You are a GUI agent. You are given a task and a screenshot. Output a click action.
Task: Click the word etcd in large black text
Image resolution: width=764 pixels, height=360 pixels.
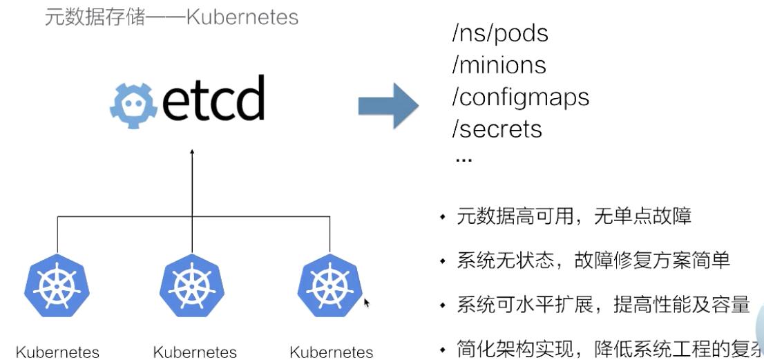(213, 100)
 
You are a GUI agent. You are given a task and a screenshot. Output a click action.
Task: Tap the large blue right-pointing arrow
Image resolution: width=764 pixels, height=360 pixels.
(388, 105)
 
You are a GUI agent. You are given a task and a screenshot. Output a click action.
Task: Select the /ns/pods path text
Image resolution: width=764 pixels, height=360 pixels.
(499, 34)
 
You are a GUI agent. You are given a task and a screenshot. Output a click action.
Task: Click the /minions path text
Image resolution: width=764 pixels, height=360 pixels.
(499, 66)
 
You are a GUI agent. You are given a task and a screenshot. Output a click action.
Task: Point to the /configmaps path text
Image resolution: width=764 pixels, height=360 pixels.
(520, 97)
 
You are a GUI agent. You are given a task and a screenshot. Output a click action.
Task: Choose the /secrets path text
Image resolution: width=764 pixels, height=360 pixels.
(497, 129)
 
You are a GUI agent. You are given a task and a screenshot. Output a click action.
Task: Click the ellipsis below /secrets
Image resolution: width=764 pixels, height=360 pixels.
(464, 160)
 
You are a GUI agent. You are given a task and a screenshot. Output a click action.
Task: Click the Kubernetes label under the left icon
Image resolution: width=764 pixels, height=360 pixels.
(57, 352)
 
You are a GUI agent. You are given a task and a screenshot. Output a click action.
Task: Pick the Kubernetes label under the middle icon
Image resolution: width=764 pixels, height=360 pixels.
(195, 352)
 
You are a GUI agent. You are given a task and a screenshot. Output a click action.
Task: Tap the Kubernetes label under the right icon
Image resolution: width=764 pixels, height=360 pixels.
(332, 352)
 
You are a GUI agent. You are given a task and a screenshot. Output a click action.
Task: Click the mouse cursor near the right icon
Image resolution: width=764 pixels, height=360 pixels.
(367, 303)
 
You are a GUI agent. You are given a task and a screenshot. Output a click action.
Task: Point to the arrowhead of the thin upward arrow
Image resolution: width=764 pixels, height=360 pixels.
(192, 151)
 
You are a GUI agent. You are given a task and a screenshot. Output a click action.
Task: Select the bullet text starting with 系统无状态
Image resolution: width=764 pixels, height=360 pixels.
(593, 261)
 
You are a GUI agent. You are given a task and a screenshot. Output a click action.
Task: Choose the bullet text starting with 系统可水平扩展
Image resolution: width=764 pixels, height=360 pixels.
(603, 305)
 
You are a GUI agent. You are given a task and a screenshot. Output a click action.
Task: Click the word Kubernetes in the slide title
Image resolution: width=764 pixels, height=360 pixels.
(242, 17)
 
